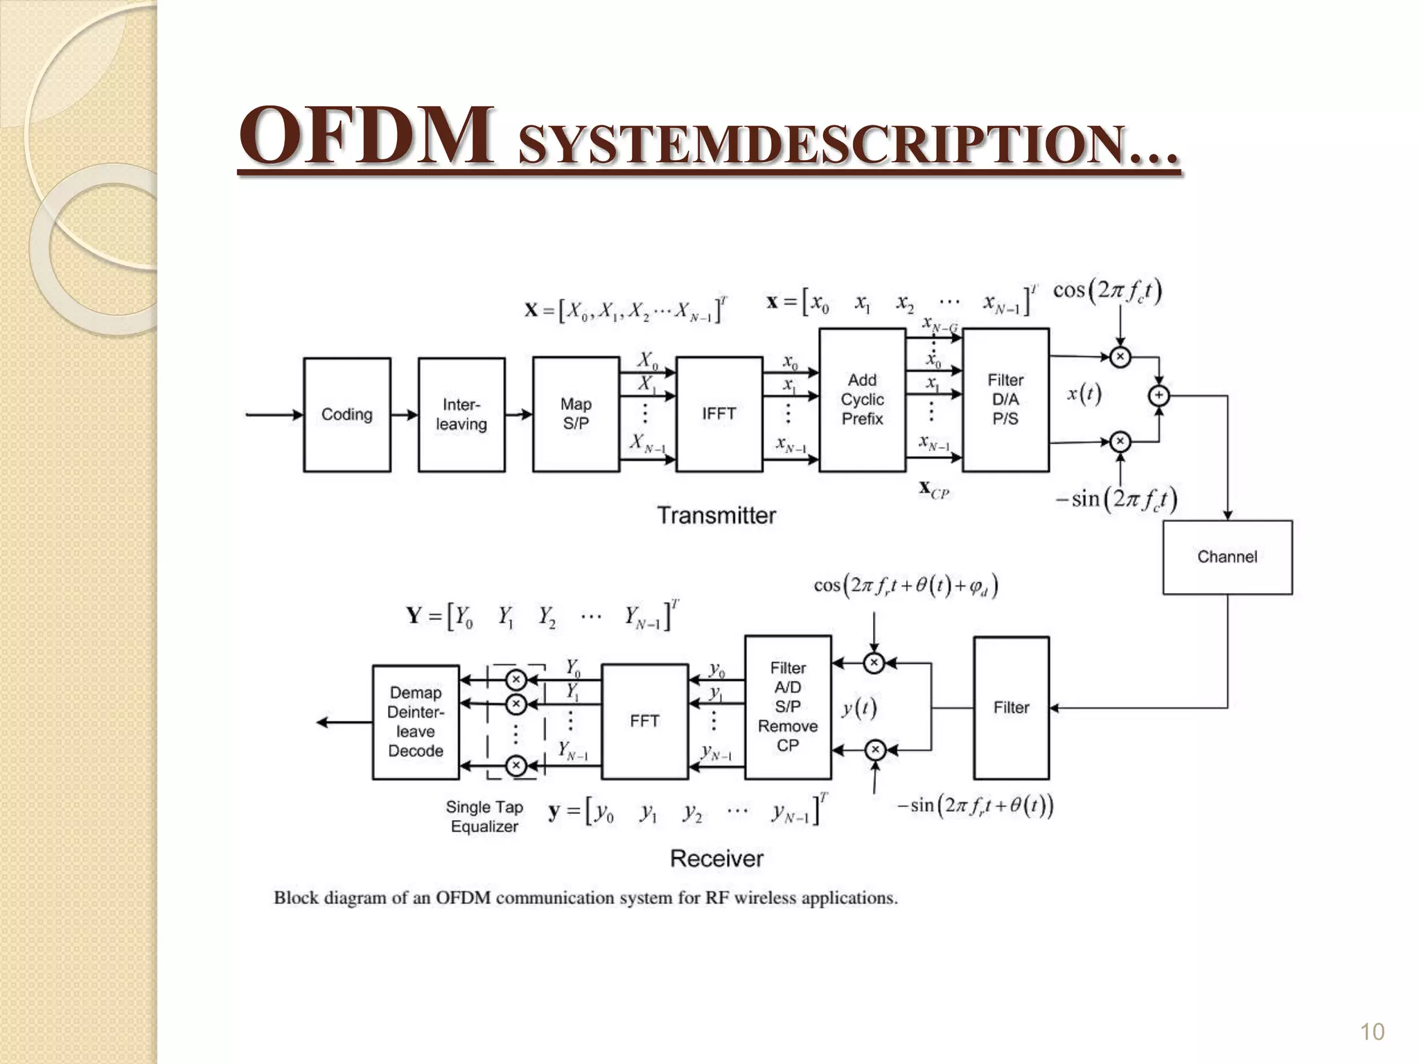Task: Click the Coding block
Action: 346,414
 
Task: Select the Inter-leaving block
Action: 461,414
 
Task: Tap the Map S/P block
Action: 576,414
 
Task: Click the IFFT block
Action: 719,414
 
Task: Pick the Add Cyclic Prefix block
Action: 862,400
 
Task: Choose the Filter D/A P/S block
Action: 1005,400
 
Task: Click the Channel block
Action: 1227,557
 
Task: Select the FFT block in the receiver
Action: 644,721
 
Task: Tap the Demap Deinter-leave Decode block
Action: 416,722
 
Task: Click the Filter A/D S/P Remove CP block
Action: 788,707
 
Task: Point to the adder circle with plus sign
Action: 1158,396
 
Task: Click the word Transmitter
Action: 716,515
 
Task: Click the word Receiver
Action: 716,859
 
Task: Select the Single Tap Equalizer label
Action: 484,817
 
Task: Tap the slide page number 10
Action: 1372,1032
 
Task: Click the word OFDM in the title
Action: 367,136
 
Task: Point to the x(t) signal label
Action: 1084,394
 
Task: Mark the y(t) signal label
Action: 859,708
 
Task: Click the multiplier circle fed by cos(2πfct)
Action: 1120,357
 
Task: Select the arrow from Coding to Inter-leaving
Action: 404,415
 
